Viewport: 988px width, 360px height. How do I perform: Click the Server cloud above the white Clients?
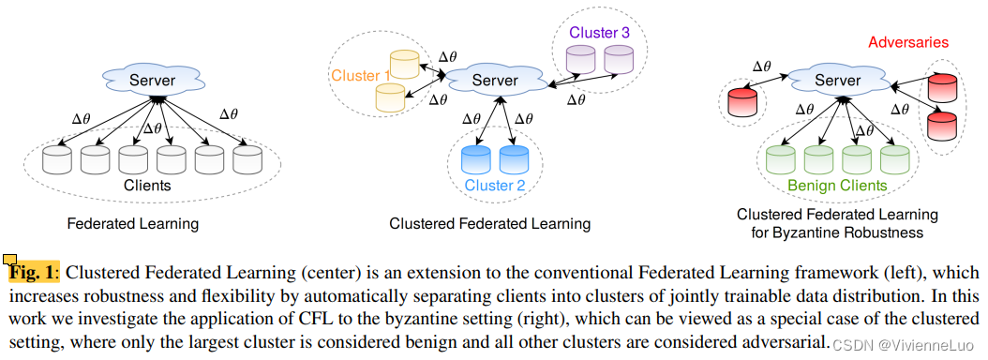click(152, 80)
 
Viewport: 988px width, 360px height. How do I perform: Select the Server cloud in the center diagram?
click(494, 81)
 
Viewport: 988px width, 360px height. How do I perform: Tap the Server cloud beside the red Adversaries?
click(837, 81)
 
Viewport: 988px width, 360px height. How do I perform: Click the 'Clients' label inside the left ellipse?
click(148, 186)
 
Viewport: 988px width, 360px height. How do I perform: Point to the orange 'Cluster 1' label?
click(360, 75)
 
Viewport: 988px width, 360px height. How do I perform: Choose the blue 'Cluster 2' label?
click(495, 185)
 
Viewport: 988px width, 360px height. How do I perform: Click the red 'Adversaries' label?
click(908, 42)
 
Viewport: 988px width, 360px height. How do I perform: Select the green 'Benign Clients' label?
click(837, 186)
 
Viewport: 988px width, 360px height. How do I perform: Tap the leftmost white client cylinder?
click(58, 159)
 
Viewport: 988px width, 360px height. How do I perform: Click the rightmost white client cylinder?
click(247, 159)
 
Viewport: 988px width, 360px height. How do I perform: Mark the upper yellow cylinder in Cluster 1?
click(404, 65)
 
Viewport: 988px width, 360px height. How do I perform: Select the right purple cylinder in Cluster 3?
click(619, 60)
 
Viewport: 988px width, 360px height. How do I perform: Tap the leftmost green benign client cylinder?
click(781, 158)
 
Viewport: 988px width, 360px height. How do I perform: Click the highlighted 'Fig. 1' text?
click(33, 273)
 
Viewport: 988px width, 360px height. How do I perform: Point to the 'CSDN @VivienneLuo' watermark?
click(906, 344)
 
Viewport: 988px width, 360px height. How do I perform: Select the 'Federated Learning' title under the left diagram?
click(132, 224)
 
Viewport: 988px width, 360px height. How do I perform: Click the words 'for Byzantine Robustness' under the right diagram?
click(837, 232)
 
